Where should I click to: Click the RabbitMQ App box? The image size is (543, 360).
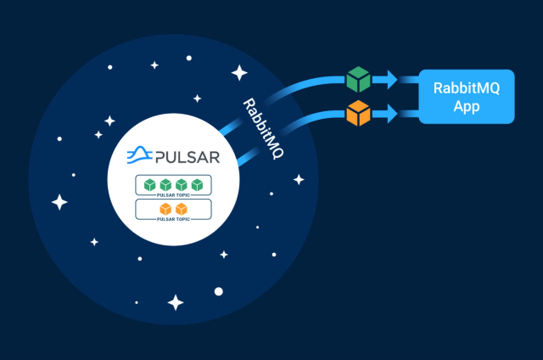(x=467, y=97)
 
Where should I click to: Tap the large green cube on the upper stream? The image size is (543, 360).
(x=358, y=79)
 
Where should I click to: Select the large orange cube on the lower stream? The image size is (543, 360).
(x=358, y=113)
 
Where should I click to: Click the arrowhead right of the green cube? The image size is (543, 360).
(x=392, y=79)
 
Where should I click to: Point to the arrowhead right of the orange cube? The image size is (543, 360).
(x=392, y=113)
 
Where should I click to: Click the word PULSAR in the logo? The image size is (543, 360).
(x=188, y=157)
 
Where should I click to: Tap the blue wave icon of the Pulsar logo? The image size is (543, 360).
(x=139, y=155)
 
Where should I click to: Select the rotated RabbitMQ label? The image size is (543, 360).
(x=263, y=128)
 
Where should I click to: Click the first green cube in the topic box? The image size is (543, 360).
(x=149, y=185)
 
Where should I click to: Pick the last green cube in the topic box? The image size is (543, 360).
(x=197, y=185)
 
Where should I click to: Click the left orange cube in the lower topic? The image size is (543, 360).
(x=165, y=209)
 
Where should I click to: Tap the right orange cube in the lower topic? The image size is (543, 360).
(x=182, y=209)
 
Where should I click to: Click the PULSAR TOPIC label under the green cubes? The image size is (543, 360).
(x=173, y=195)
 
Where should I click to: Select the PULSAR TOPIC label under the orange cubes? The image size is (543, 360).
(x=173, y=219)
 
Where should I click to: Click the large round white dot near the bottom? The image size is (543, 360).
(x=219, y=291)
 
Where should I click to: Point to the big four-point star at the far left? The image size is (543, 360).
(x=59, y=202)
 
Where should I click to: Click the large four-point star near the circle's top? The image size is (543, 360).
(x=239, y=73)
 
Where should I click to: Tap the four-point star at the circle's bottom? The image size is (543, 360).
(x=176, y=302)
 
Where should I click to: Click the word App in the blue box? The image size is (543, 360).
(x=467, y=106)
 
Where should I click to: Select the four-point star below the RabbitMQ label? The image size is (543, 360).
(x=299, y=179)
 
